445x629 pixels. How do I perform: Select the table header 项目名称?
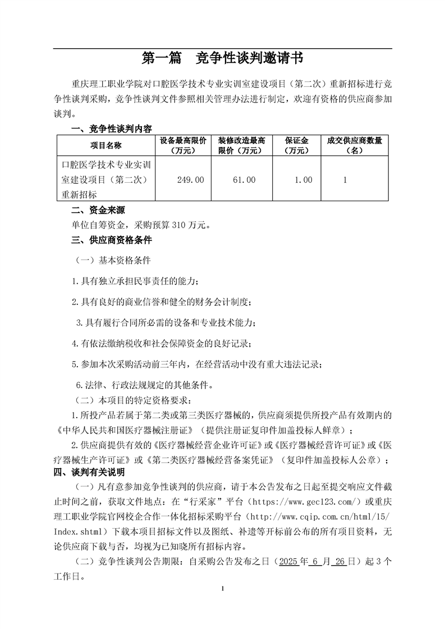click(x=105, y=145)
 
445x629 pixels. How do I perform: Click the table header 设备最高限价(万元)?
click(x=183, y=145)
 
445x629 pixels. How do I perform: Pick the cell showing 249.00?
click(x=191, y=180)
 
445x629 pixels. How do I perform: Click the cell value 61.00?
click(x=244, y=180)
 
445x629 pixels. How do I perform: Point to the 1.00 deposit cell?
click(x=303, y=180)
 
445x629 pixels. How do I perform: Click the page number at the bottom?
click(x=223, y=589)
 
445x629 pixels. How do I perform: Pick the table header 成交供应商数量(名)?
click(x=354, y=145)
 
